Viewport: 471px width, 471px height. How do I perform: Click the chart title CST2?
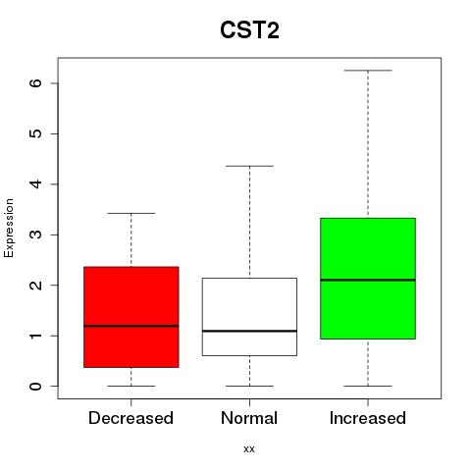(x=249, y=30)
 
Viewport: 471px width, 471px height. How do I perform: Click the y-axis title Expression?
(x=9, y=228)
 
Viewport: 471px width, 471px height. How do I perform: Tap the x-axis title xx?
(x=249, y=448)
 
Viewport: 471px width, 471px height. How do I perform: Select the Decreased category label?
(x=131, y=418)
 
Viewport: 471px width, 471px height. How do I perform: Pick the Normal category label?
(x=249, y=418)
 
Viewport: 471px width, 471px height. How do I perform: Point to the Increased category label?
(x=368, y=418)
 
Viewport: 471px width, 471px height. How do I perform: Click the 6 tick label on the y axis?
(x=36, y=83)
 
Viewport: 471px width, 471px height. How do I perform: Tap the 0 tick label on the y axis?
(x=36, y=386)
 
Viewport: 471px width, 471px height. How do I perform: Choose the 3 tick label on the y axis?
(x=36, y=235)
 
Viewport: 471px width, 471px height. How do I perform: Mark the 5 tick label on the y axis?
(x=36, y=133)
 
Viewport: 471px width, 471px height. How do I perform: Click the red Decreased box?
(x=131, y=317)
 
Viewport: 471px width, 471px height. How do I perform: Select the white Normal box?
(x=249, y=317)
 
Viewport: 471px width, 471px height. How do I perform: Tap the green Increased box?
(x=368, y=279)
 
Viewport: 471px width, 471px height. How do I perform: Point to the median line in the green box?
(x=368, y=280)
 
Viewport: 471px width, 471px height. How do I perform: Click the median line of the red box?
(x=131, y=326)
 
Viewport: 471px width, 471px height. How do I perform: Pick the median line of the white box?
(x=249, y=331)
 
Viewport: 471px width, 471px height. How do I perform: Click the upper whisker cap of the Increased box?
(x=368, y=71)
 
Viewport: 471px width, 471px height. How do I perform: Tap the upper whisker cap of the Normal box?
(x=249, y=166)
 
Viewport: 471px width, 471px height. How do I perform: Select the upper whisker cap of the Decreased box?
(x=131, y=213)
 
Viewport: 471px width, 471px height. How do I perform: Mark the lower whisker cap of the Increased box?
(x=368, y=386)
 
